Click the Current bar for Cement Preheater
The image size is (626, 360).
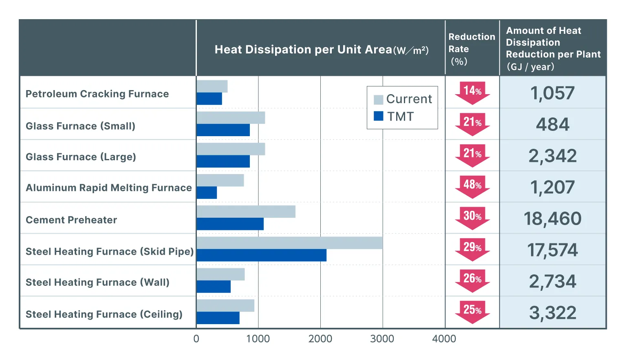tap(246, 212)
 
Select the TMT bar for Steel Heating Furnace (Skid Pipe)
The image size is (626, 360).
tap(261, 255)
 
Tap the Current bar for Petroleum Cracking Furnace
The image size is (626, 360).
tap(212, 86)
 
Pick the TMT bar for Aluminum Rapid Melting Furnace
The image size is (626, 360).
tap(207, 193)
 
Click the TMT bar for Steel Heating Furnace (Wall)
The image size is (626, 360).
tap(214, 287)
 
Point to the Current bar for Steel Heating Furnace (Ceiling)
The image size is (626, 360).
tap(225, 306)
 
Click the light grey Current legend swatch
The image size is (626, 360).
tap(378, 99)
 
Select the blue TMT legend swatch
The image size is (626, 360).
tap(378, 116)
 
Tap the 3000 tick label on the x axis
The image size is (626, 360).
tap(382, 339)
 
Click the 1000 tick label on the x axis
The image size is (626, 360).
tap(258, 339)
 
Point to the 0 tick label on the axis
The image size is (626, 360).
tap(196, 339)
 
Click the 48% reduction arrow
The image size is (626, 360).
tap(472, 187)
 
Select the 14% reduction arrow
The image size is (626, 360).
tap(472, 93)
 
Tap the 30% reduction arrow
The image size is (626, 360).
tap(472, 218)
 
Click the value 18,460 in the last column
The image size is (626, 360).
tap(552, 219)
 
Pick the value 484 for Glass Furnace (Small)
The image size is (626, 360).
tap(552, 124)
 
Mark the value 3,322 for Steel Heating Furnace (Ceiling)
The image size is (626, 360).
tap(552, 313)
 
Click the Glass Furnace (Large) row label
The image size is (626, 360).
tap(81, 157)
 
